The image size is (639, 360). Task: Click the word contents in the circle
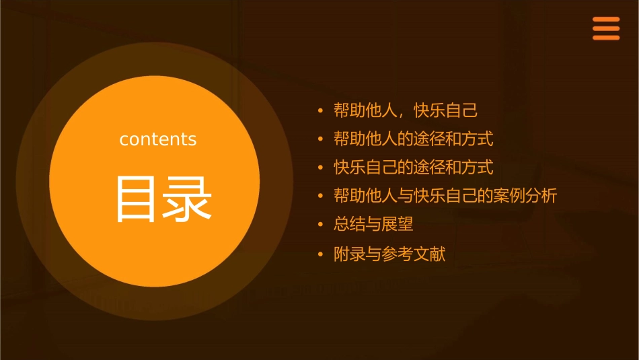click(x=158, y=139)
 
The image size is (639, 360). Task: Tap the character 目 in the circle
click(x=137, y=199)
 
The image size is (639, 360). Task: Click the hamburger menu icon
click(x=605, y=29)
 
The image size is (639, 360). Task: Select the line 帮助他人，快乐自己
click(x=406, y=110)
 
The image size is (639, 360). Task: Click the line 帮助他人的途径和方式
click(x=414, y=139)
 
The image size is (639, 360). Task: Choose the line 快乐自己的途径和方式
click(x=414, y=167)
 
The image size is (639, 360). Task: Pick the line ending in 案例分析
click(x=445, y=196)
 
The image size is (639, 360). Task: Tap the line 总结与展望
click(x=373, y=224)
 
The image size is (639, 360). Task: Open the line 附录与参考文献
click(x=389, y=254)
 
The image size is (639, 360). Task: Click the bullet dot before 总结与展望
click(x=321, y=225)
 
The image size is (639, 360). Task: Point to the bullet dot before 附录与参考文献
click(x=321, y=255)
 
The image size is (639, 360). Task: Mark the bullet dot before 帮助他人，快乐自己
click(x=321, y=111)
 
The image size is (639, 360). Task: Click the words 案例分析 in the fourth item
click(x=525, y=196)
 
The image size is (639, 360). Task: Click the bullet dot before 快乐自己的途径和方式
click(x=321, y=168)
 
